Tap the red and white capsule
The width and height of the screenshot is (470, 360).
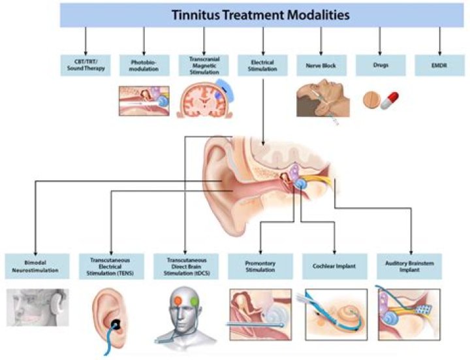392,100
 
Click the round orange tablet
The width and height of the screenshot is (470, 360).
371,99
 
